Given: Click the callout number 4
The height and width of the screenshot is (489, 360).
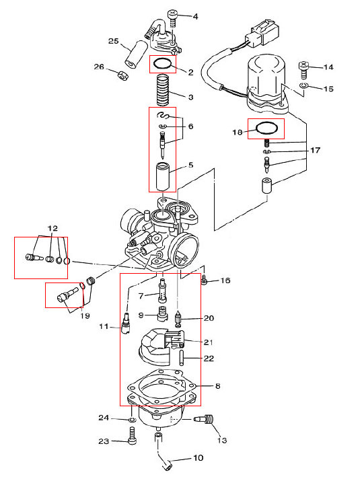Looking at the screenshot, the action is pos(196,16).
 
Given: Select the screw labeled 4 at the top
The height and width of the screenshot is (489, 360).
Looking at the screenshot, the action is pos(172,18).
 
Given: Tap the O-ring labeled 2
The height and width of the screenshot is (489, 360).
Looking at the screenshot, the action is pos(163,64).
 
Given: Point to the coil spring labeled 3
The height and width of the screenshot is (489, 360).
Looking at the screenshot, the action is pos(164,90).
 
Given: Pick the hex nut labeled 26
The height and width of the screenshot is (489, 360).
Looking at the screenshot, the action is pos(122,75).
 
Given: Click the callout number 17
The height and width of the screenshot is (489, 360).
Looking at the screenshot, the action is pos(315,150).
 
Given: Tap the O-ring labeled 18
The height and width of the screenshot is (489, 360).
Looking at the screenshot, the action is pos(266,128).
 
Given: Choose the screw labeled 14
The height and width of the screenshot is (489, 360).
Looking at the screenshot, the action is pos(303,70).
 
